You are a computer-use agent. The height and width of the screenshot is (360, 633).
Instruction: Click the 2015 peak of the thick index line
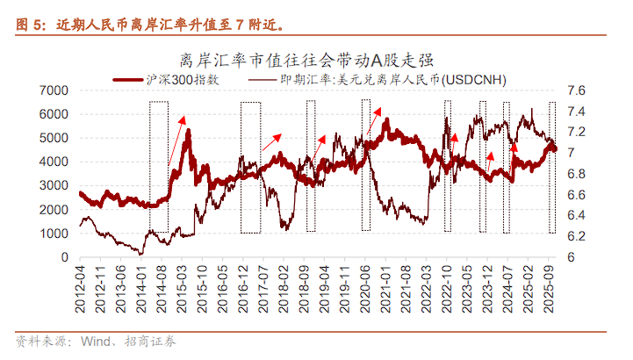click(188, 132)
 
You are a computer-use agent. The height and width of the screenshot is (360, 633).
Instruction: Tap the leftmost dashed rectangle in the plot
click(159, 167)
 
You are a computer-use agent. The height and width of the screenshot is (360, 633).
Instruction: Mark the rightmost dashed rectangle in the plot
click(552, 167)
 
